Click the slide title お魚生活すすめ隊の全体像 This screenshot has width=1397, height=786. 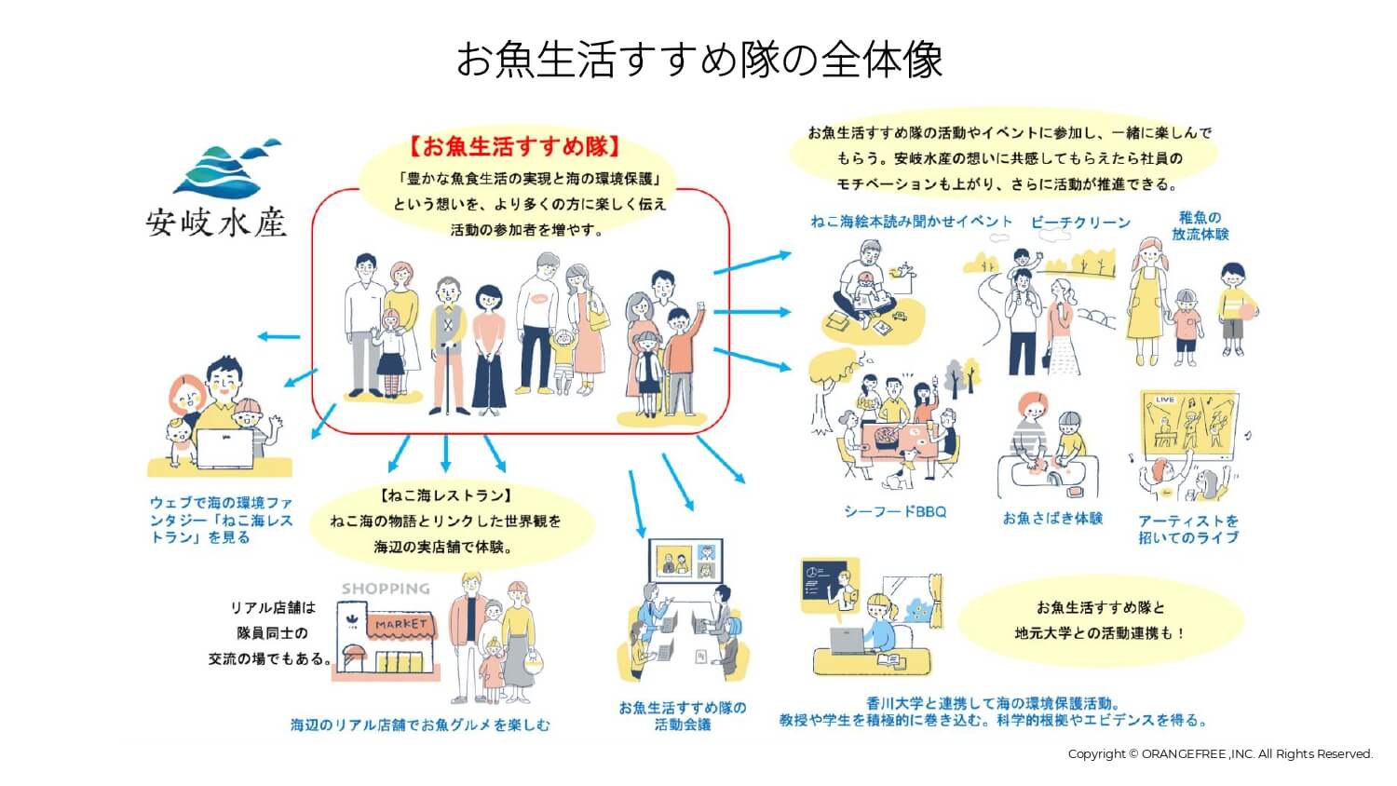698,60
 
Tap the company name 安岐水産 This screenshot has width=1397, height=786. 216,223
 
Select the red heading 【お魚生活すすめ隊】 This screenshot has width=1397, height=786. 514,146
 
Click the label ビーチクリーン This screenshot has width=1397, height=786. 1080,223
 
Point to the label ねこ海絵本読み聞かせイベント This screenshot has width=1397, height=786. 911,222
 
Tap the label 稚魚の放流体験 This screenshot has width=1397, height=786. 1200,226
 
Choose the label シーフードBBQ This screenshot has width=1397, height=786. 894,511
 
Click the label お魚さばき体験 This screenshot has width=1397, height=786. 1052,518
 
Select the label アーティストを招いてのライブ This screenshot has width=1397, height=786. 1188,529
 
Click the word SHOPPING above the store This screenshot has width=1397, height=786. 386,589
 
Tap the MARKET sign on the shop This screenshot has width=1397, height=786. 401,624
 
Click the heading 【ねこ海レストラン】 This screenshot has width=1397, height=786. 446,495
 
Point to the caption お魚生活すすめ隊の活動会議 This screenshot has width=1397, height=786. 683,715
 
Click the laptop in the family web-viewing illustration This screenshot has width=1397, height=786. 224,447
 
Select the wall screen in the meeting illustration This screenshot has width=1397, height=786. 685,561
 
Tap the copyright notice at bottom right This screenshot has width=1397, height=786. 1220,753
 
